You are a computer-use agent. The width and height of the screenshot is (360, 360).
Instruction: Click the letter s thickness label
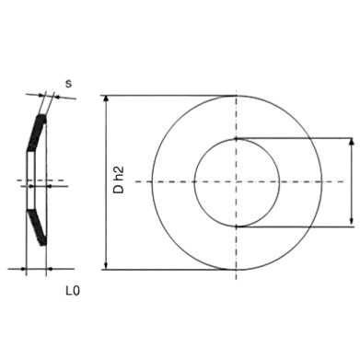tap(68, 84)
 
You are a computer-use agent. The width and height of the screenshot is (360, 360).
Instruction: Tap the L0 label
tap(73, 291)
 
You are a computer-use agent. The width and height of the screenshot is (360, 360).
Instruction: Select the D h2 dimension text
tap(119, 180)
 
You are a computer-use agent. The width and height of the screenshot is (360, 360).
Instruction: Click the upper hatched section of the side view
tap(37, 133)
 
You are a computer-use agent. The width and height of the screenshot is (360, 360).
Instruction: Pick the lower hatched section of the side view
tap(37, 227)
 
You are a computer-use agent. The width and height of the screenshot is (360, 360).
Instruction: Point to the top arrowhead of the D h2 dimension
tap(106, 99)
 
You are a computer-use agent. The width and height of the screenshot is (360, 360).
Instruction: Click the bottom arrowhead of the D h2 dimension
tap(106, 266)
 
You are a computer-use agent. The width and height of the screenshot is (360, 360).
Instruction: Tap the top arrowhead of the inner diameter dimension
tap(352, 142)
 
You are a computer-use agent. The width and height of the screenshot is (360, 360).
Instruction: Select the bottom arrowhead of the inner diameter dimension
tap(352, 224)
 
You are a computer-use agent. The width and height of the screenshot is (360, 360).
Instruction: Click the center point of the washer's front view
tap(236, 182)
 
